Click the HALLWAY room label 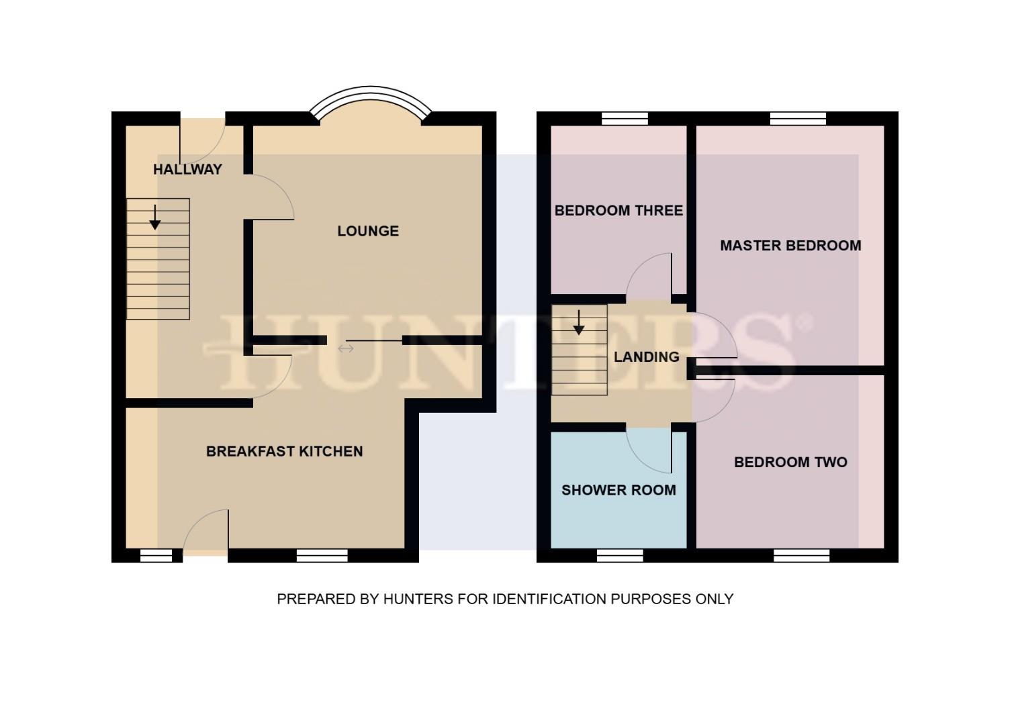coord(187,169)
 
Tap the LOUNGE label coord(368,231)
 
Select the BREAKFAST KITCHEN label coord(284,451)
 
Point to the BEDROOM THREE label coord(618,210)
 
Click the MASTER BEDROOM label coord(790,246)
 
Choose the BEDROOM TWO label coord(790,462)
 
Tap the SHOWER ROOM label coord(618,490)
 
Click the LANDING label coord(646,356)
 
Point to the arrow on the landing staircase coord(578,323)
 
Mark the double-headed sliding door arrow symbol coord(346,348)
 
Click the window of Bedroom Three coord(625,119)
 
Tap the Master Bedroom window coord(797,119)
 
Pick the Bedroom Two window coord(801,555)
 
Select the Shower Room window coord(620,555)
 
